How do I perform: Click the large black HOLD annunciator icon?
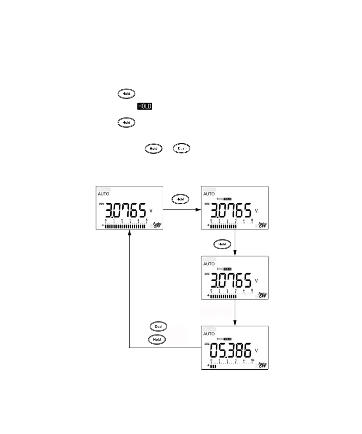[x=144, y=106]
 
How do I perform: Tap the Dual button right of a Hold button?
[x=181, y=148]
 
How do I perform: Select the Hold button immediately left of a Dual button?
[x=154, y=149]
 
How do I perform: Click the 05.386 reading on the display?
[x=230, y=351]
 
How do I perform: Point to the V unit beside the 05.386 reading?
[x=256, y=351]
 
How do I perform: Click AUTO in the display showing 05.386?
[x=209, y=334]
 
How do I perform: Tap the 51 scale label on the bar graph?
[x=253, y=360]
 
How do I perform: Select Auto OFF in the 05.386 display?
[x=262, y=365]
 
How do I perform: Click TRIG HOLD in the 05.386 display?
[x=224, y=339]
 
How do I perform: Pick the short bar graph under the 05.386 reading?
[x=213, y=366]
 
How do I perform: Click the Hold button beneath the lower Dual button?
[x=157, y=340]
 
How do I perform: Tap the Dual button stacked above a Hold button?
[x=158, y=327]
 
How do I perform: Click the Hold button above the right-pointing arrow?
[x=180, y=199]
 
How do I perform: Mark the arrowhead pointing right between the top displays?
[x=199, y=210]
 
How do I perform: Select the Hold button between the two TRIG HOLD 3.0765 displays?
[x=222, y=244]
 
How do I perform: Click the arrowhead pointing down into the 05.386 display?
[x=235, y=323]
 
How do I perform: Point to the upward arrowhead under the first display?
[x=129, y=232]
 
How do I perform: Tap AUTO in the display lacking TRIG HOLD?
[x=104, y=194]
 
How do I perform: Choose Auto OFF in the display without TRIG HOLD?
[x=157, y=225]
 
